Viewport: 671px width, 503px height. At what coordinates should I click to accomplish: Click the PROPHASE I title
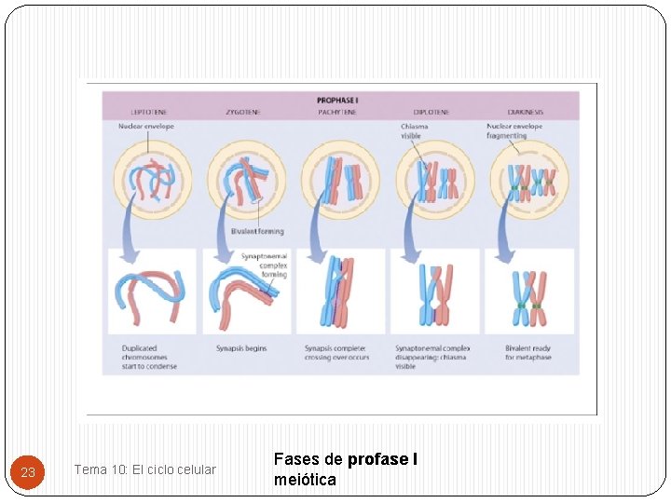click(337, 100)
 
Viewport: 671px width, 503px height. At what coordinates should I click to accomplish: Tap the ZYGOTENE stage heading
click(242, 113)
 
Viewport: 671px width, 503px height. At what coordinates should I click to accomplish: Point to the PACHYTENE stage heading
click(337, 113)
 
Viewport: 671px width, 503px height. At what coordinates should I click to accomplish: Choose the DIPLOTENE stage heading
click(431, 113)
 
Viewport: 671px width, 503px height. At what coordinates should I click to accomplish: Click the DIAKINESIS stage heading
click(526, 113)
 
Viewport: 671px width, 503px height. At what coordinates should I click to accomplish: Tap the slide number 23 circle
click(28, 472)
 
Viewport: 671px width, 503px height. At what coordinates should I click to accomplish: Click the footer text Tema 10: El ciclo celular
click(144, 469)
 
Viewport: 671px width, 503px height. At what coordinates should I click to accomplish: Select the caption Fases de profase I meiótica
click(345, 469)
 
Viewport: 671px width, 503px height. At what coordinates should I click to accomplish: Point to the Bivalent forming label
click(257, 232)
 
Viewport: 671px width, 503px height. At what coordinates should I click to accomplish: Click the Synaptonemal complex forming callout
click(265, 265)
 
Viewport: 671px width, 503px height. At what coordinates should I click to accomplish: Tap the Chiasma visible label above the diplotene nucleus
click(415, 131)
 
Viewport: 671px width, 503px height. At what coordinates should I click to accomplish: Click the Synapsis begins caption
click(241, 348)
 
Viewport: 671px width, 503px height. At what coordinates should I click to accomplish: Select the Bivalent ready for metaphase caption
click(528, 353)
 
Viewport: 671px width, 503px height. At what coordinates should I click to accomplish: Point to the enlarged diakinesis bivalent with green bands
click(528, 299)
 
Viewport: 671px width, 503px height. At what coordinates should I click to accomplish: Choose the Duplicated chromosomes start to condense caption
click(149, 357)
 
